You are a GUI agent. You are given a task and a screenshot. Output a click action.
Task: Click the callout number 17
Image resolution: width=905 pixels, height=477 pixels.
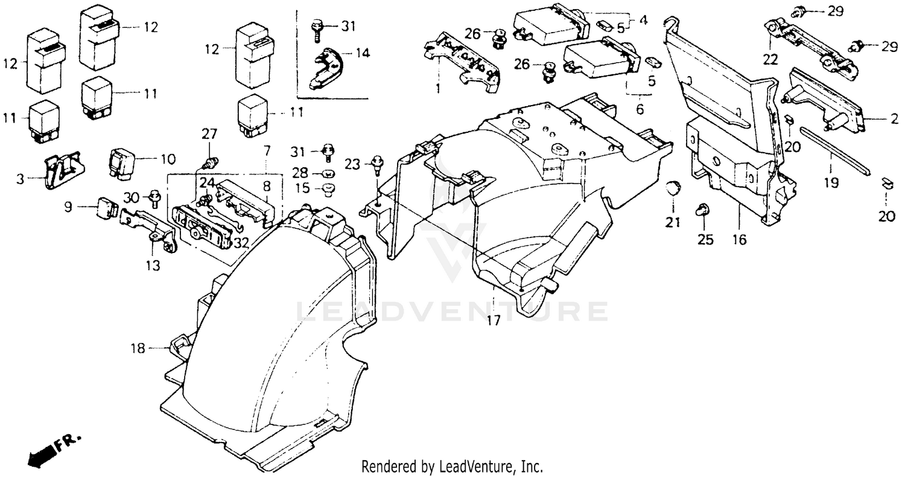(x=494, y=321)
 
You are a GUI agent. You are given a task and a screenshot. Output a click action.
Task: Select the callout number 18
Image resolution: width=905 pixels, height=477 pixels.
(x=139, y=348)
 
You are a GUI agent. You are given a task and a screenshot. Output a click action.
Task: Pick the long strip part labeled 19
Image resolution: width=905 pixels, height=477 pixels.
(x=836, y=151)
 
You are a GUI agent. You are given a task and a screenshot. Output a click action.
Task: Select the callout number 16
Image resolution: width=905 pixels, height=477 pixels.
(x=739, y=240)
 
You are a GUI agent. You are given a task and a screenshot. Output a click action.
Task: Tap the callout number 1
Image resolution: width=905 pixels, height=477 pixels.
(x=438, y=88)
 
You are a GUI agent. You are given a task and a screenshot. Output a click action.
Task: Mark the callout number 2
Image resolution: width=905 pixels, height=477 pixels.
(x=894, y=120)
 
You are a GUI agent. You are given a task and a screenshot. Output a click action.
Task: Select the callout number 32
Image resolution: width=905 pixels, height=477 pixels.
(x=241, y=243)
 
